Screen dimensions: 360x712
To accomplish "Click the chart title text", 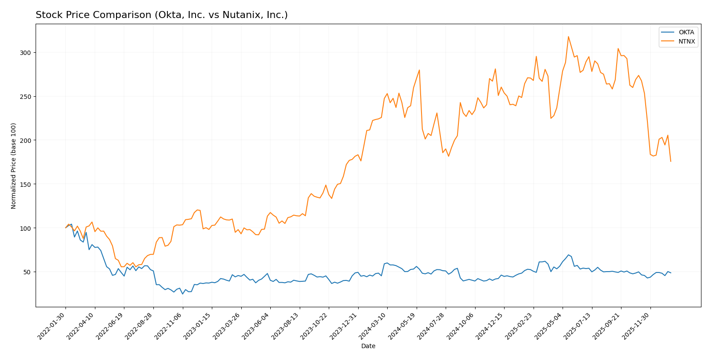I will (x=161, y=15).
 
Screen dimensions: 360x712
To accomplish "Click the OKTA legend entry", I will (x=686, y=33).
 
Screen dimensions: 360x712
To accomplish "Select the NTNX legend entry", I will (x=687, y=42).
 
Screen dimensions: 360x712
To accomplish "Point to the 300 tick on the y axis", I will (x=27, y=53).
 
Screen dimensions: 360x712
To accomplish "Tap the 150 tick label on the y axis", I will (x=27, y=184).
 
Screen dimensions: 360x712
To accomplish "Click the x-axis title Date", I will (x=368, y=346).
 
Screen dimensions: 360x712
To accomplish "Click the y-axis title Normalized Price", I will (x=14, y=166).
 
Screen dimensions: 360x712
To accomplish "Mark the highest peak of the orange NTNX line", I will (x=568, y=36).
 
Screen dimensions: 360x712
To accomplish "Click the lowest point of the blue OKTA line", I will (x=183, y=294).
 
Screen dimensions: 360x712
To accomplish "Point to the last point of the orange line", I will (x=671, y=161).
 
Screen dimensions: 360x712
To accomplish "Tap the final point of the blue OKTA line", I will (x=671, y=273).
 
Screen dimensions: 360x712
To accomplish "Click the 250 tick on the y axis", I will (x=27, y=97).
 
